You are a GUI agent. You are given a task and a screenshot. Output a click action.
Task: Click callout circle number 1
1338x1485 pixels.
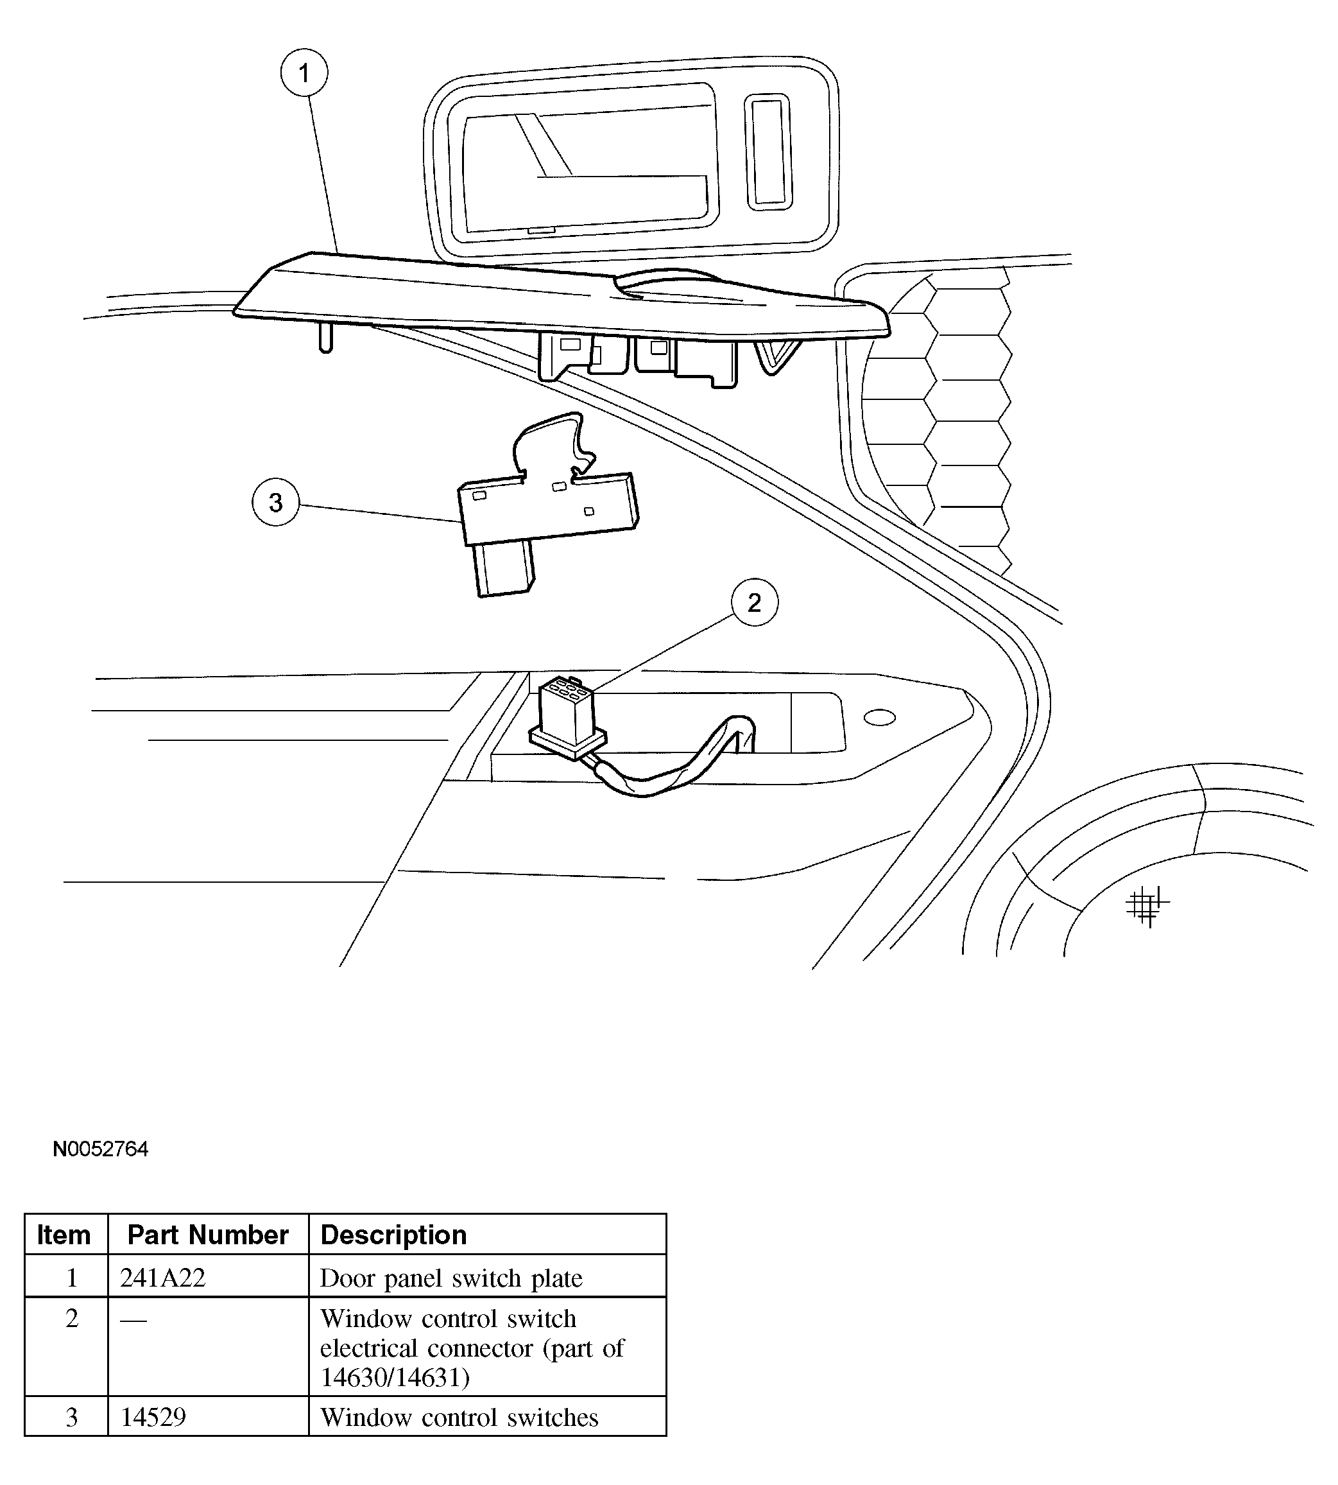pos(304,73)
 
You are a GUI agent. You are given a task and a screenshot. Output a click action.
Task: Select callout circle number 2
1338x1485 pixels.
pos(754,602)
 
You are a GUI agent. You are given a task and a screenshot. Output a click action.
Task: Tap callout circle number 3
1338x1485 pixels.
pos(276,502)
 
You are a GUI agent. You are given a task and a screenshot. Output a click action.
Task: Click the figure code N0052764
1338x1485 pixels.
pos(101,1149)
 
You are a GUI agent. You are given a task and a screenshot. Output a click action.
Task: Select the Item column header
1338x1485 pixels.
pos(64,1235)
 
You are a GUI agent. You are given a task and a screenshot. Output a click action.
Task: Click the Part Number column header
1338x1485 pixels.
pos(208,1235)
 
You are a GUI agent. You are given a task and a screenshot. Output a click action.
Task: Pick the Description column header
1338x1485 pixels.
pos(393,1235)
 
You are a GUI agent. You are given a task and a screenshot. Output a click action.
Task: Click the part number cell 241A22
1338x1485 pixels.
pos(163,1278)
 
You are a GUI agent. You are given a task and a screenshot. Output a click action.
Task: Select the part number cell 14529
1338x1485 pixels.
pos(153,1416)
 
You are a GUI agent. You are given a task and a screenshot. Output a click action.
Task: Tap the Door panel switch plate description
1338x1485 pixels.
pos(450,1278)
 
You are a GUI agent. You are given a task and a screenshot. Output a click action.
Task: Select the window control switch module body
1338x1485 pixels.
pos(547,511)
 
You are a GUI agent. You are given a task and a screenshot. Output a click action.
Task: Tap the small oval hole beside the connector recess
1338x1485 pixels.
pos(879,717)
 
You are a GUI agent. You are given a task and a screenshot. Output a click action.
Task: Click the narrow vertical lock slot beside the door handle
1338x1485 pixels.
pos(768,151)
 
